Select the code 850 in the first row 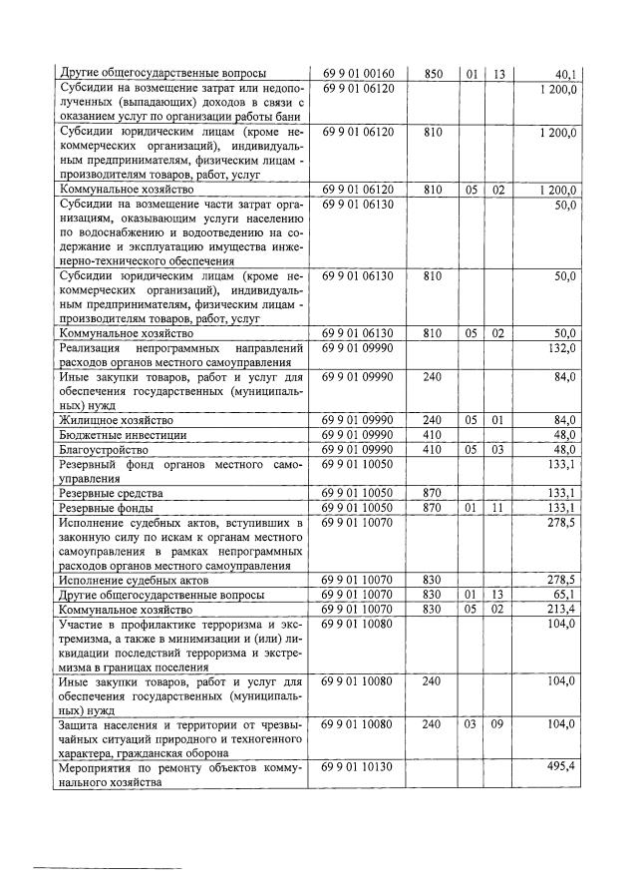[432, 73]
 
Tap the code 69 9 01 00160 [359, 73]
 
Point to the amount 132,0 [563, 347]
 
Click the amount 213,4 [563, 609]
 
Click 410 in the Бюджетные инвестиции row [432, 435]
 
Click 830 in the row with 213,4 [432, 609]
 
